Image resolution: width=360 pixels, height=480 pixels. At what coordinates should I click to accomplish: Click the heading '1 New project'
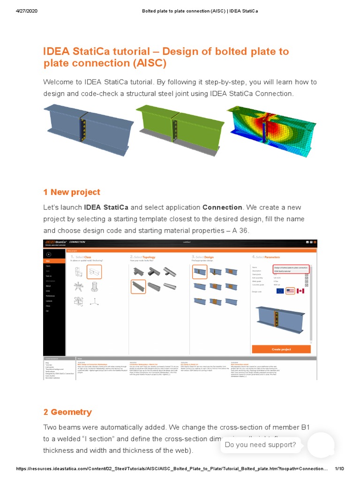point(71,192)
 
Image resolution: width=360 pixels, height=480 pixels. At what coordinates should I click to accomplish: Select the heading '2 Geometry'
point(67,412)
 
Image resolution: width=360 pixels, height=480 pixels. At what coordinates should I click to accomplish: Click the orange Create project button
point(281,349)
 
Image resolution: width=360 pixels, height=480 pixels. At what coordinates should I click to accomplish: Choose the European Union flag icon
point(280,291)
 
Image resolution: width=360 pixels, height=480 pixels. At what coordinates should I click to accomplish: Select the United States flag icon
point(290,291)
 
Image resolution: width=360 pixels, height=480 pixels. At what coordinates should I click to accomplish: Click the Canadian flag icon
point(300,291)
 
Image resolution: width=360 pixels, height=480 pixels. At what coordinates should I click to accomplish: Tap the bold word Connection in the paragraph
point(222,207)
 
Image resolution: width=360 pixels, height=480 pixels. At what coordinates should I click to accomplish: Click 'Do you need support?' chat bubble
point(260,445)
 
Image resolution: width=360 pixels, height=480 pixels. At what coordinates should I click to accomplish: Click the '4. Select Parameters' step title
point(267,257)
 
